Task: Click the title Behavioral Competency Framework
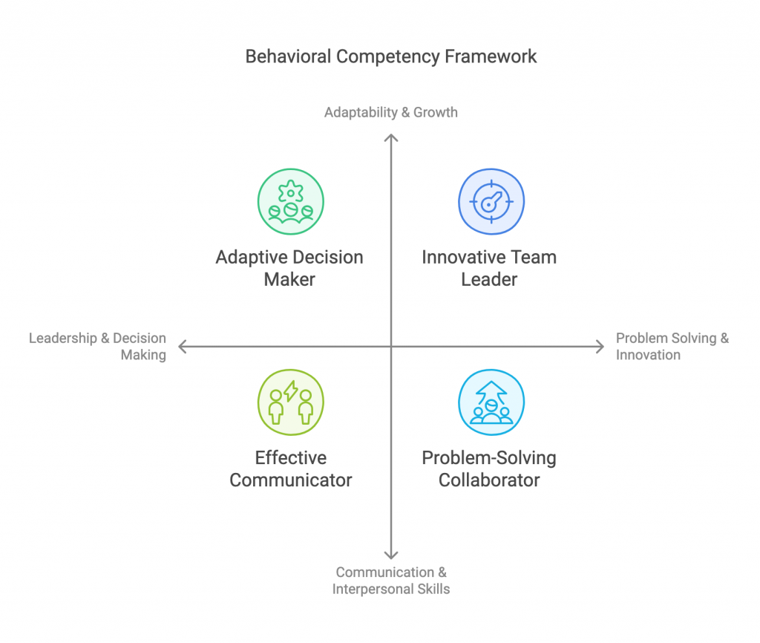point(391,56)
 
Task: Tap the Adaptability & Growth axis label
point(391,113)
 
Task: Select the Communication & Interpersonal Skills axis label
point(391,581)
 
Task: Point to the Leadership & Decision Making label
point(97,346)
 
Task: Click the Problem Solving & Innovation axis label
point(672,346)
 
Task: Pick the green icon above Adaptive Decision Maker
point(290,201)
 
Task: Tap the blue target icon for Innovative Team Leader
point(491,201)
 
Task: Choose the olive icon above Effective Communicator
point(290,402)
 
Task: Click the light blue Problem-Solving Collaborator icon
point(491,402)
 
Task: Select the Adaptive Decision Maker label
point(289,268)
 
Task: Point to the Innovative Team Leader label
point(489,268)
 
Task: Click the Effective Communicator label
point(290,469)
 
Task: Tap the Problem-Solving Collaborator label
point(489,469)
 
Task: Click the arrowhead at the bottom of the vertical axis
point(391,555)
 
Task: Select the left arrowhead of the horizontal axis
point(182,346)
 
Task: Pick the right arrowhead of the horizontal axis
point(601,346)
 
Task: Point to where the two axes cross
point(391,346)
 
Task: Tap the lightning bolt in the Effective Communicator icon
point(291,391)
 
